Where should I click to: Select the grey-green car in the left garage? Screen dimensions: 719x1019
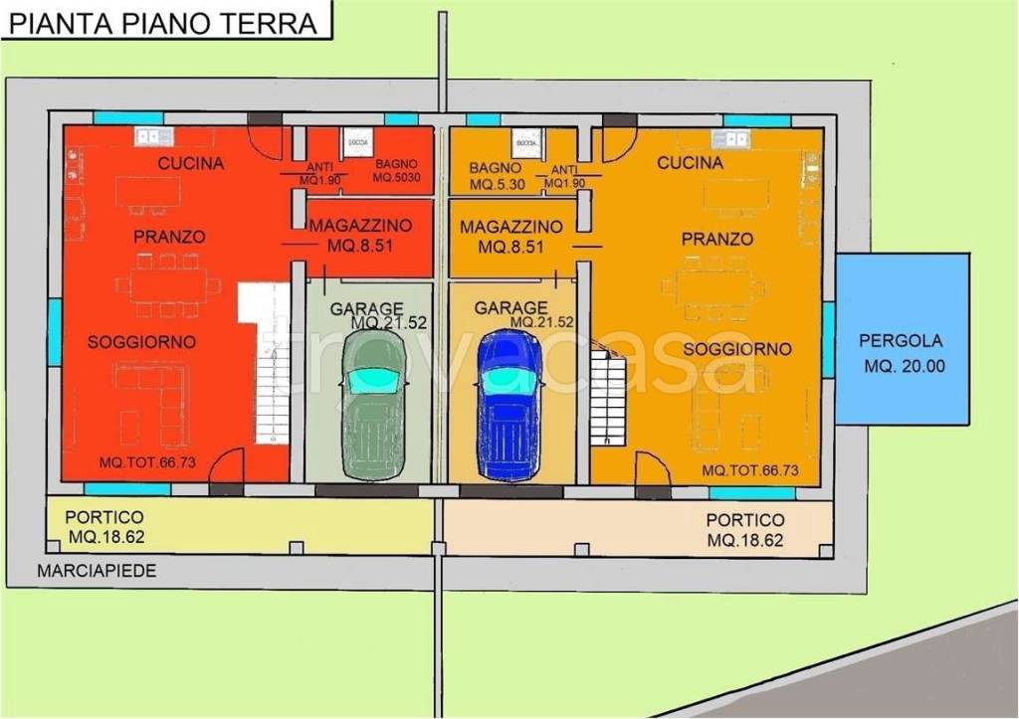tap(373, 403)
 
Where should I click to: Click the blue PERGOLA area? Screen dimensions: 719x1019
tap(902, 339)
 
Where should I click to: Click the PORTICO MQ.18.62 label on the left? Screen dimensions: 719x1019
tap(104, 528)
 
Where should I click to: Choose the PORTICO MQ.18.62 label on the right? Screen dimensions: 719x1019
tap(745, 530)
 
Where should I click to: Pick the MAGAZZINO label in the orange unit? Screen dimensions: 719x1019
tap(511, 237)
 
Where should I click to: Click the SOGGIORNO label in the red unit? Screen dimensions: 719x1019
tap(141, 342)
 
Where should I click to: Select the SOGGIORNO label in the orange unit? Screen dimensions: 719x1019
tap(737, 349)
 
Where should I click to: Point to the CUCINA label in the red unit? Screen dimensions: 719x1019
tap(191, 163)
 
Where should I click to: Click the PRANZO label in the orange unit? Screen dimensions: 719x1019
tap(716, 240)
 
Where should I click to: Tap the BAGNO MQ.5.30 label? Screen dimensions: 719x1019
tap(496, 177)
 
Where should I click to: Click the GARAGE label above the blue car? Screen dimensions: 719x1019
tap(510, 308)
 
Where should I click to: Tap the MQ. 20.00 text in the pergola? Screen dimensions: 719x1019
tap(904, 366)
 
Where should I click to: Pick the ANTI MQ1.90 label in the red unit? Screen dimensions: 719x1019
tap(320, 173)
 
